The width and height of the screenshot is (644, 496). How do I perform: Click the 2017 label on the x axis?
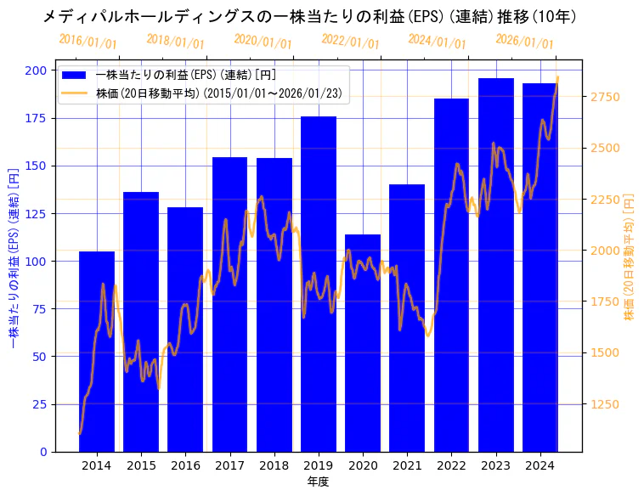coord(229,465)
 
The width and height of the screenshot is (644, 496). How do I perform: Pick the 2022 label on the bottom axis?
coord(451,465)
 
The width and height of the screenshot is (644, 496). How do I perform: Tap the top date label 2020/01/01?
coord(263,42)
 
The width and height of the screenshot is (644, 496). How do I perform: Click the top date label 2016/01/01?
coord(88,42)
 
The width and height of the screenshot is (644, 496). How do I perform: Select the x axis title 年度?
coord(318,482)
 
